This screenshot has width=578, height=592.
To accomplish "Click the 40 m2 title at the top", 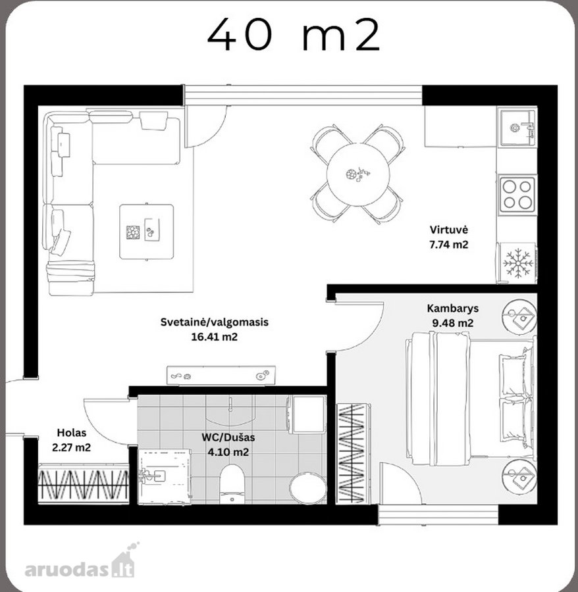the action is pos(293,35).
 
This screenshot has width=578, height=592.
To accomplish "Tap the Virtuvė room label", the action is pos(449,230).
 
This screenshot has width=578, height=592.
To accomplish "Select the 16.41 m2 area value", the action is pos(214,337).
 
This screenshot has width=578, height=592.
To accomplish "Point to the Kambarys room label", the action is pos(452,308).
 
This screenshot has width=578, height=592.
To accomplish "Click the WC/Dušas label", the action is pos(228,437).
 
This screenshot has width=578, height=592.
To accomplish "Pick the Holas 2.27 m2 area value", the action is pos(71,448).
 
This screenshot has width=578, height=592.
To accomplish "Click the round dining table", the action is pos(357,174).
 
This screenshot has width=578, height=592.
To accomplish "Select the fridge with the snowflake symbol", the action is pos(517,263).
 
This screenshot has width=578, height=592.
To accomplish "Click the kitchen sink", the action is pos(517,127).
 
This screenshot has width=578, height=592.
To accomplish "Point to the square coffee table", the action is pos(147,232).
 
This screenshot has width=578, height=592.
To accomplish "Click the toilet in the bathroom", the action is pos(232,484).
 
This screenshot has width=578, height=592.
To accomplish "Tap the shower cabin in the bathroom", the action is pos(165,476).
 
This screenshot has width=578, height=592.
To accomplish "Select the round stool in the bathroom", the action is pos(307,489).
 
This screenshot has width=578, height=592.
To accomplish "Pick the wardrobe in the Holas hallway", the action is pos(83,483).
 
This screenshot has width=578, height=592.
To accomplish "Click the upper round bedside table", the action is pos(519,316).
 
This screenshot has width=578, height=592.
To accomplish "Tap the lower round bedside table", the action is pos(519,476).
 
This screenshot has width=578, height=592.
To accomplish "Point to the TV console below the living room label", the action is pos(221,376).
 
